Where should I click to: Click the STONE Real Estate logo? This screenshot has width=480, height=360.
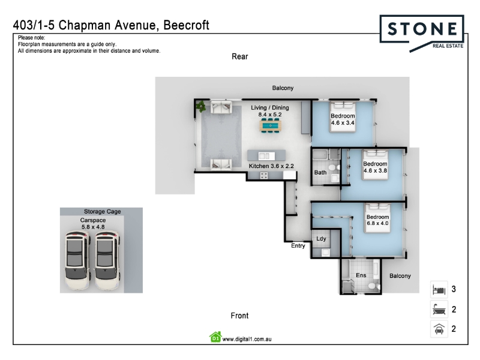(422, 33)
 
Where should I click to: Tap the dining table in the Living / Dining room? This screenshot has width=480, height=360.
(271, 126)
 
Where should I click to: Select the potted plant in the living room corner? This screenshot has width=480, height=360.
(201, 107)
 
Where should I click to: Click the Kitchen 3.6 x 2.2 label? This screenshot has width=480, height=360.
(271, 166)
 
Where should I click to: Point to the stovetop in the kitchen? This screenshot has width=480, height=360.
(263, 175)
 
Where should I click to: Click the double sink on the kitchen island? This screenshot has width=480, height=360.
(266, 156)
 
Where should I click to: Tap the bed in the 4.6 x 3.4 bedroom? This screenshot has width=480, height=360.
(343, 117)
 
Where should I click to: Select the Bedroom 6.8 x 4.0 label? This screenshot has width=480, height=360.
(378, 220)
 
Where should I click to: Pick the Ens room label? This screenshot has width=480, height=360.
(361, 275)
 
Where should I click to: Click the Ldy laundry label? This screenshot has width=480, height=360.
(321, 238)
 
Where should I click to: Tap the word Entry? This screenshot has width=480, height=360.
(298, 245)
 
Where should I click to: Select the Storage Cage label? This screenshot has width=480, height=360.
(102, 211)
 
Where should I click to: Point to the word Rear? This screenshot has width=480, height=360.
(239, 56)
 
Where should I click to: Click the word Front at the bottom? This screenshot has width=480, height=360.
(239, 316)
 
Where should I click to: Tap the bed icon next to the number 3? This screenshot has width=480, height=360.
(439, 289)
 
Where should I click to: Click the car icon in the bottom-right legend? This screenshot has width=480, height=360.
(439, 329)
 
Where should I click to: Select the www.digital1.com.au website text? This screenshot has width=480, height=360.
(247, 339)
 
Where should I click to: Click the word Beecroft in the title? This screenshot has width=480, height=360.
(186, 25)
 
